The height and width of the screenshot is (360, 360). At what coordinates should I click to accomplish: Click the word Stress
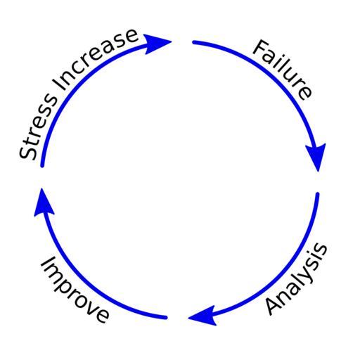tap(37, 127)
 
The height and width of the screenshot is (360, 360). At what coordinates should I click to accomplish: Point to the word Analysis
tap(296, 279)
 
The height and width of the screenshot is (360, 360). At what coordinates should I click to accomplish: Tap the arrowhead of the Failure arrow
tap(316, 157)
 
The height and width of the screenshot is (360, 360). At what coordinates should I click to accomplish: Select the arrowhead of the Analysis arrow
tap(203, 316)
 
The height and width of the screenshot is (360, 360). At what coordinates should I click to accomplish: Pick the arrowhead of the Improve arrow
tap(44, 203)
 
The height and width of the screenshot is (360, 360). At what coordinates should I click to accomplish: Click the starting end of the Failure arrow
tap(194, 42)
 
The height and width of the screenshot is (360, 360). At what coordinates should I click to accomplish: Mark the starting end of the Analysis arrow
tap(318, 194)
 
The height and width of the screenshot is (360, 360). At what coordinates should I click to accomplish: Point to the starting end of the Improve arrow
tap(166, 318)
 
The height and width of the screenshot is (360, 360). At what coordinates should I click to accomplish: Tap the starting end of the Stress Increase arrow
tap(42, 166)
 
